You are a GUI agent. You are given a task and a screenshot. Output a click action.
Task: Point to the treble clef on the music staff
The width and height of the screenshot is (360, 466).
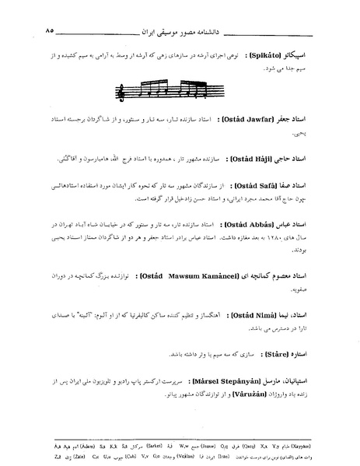(x=121, y=93)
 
